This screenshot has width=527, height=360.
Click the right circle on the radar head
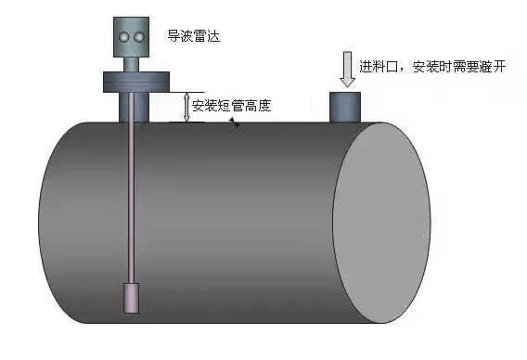pos(140,36)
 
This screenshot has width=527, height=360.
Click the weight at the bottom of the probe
pos(132,299)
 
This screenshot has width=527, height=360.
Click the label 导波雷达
pos(194,37)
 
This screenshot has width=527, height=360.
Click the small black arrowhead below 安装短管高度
pos(236,122)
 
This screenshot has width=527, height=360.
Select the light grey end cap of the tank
pos(381,223)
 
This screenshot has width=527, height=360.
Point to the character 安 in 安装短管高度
pos(199,106)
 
